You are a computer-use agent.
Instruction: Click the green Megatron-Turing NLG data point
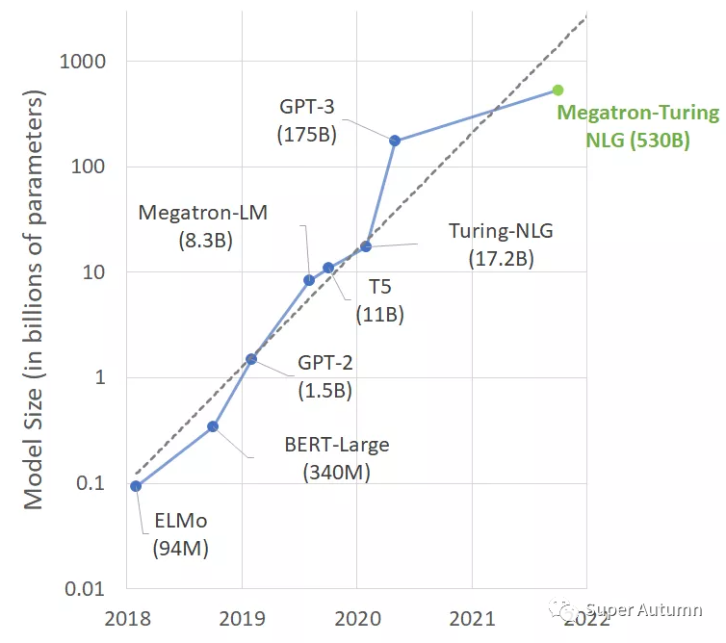pyautogui.click(x=557, y=90)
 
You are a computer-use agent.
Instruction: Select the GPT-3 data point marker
pyautogui.click(x=395, y=141)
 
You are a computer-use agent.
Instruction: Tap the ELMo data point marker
pyautogui.click(x=136, y=486)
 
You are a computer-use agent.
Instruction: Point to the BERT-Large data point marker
pyautogui.click(x=213, y=426)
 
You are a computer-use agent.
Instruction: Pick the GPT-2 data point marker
pyautogui.click(x=251, y=359)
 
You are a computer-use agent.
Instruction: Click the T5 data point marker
pyautogui.click(x=328, y=268)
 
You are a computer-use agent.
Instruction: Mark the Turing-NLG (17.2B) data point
pyautogui.click(x=366, y=246)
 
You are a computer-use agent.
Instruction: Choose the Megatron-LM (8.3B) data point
pyautogui.click(x=309, y=280)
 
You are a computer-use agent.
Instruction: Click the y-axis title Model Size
pyautogui.click(x=34, y=299)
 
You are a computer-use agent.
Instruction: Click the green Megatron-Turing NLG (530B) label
pyautogui.click(x=638, y=126)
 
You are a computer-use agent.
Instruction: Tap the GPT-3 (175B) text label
pyautogui.click(x=306, y=121)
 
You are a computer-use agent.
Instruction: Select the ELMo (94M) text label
pyautogui.click(x=180, y=535)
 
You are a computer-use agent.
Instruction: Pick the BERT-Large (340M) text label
pyautogui.click(x=337, y=459)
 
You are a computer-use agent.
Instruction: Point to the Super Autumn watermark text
pyautogui.click(x=643, y=609)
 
